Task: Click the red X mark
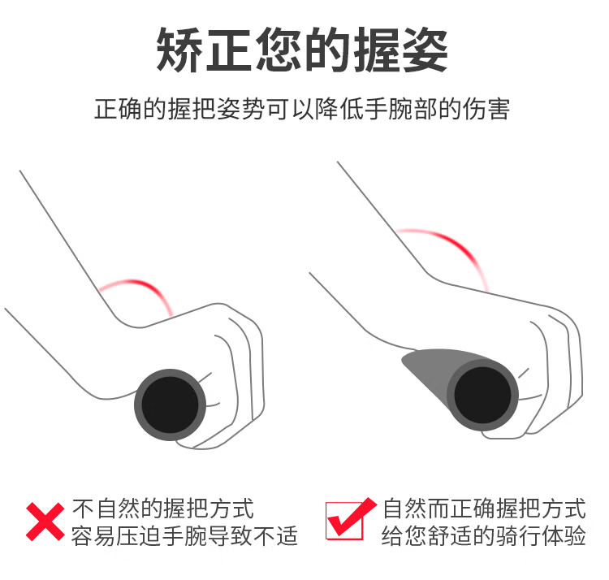click(45, 522)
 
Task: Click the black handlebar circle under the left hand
click(171, 405)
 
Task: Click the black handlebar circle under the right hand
click(483, 395)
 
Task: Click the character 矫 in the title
click(179, 50)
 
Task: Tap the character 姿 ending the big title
click(425, 50)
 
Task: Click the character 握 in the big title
click(376, 50)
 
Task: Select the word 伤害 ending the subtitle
click(486, 109)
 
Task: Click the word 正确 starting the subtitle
click(117, 109)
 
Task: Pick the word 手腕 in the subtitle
click(388, 109)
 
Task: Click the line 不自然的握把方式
click(162, 509)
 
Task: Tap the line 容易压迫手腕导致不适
click(185, 535)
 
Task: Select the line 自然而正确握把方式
click(484, 509)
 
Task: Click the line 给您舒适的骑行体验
click(484, 535)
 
